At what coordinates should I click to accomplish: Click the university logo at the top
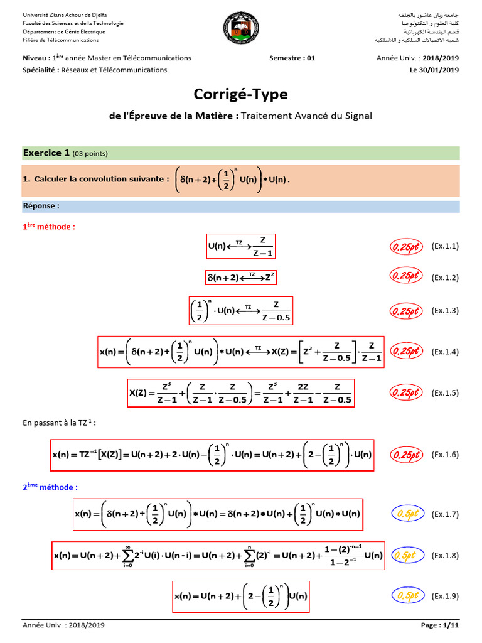(x=240, y=30)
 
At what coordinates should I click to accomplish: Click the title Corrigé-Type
(x=241, y=94)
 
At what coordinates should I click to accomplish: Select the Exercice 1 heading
(x=46, y=153)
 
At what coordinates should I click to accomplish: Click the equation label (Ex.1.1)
(x=445, y=246)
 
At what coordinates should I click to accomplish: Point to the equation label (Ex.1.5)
(x=445, y=393)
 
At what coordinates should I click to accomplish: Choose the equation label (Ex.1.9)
(x=445, y=595)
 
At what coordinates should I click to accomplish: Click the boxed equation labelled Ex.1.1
(x=241, y=246)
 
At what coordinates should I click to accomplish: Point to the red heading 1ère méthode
(x=49, y=226)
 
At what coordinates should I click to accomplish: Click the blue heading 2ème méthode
(x=50, y=487)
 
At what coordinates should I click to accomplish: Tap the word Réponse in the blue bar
(x=41, y=206)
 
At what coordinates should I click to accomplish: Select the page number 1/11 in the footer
(x=449, y=625)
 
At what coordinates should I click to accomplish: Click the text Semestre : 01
(x=292, y=58)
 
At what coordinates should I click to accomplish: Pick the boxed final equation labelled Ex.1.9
(x=241, y=596)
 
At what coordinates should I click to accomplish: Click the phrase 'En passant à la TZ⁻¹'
(x=59, y=422)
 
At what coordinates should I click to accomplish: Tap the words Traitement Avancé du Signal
(x=306, y=116)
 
